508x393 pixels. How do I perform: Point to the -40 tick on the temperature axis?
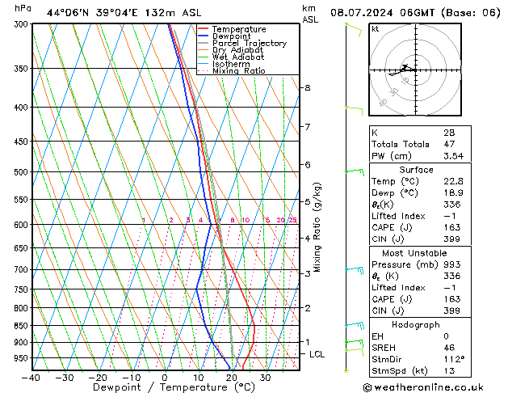[32, 378]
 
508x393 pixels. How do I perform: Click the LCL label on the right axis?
[317, 354]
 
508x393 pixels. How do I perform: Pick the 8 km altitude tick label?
[307, 87]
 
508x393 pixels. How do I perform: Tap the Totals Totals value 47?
[449, 144]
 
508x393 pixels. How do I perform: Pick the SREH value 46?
[449, 348]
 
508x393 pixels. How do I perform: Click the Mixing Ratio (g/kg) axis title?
[317, 226]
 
